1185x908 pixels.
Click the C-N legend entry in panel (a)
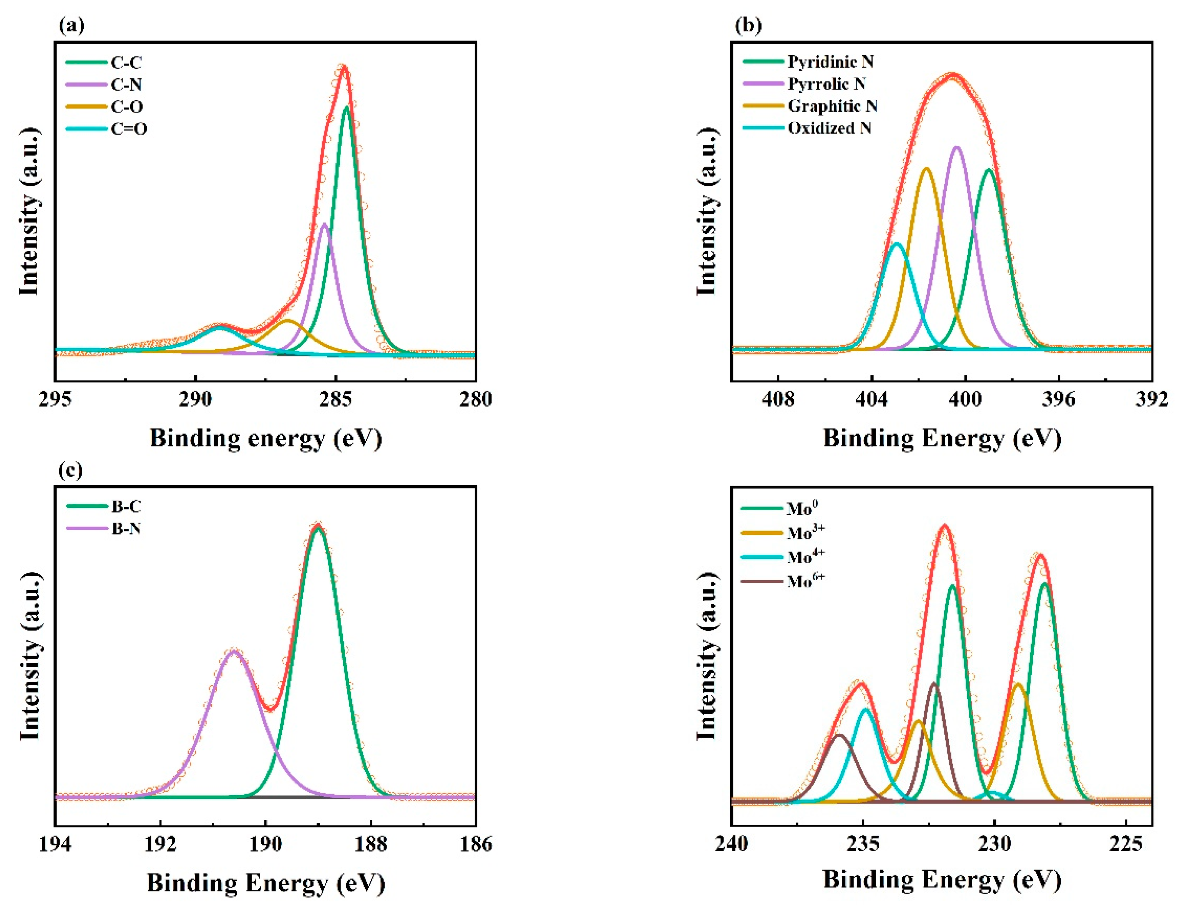coord(126,85)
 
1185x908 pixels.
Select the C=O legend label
coord(129,129)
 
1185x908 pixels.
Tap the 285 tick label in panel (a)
coord(335,399)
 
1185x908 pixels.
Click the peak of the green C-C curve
coord(347,107)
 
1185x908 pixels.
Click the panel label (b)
coord(749,25)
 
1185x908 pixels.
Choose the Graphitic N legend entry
coord(832,106)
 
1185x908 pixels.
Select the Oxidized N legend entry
coord(829,128)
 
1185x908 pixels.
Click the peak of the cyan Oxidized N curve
coord(897,244)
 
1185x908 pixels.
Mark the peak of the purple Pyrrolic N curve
coord(956,147)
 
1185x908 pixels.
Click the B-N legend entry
coord(126,529)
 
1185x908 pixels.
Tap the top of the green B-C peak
coord(318,527)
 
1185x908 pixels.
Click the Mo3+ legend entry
coord(805,533)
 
